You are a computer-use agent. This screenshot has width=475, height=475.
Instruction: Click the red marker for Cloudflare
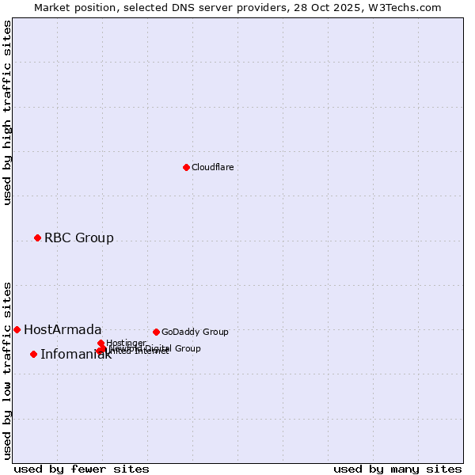(x=186, y=167)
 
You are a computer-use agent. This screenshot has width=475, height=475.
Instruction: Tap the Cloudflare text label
(x=212, y=168)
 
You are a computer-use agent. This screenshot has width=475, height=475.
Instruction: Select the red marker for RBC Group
(x=37, y=237)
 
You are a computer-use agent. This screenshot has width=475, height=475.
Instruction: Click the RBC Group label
(x=78, y=238)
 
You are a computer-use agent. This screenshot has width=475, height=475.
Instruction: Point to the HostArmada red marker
(x=17, y=329)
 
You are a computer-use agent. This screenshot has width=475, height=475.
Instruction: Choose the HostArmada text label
(x=63, y=330)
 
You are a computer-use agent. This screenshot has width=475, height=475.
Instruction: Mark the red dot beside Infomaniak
(x=33, y=354)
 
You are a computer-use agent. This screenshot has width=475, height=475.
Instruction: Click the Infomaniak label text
(x=75, y=355)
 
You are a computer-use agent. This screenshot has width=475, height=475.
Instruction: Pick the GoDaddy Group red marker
(x=156, y=332)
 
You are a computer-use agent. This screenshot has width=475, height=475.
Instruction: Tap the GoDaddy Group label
(x=195, y=332)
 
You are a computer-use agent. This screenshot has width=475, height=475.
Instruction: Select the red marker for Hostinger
(x=101, y=343)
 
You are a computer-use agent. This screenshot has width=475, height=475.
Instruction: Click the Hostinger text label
(x=126, y=343)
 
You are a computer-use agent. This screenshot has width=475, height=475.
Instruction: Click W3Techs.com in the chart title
(x=408, y=7)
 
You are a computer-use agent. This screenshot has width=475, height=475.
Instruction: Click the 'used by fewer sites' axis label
(x=82, y=469)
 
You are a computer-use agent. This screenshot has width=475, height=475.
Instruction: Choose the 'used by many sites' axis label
(x=397, y=469)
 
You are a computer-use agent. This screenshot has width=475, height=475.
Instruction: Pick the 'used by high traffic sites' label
(x=8, y=112)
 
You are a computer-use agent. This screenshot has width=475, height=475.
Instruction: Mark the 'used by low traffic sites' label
(x=8, y=370)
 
